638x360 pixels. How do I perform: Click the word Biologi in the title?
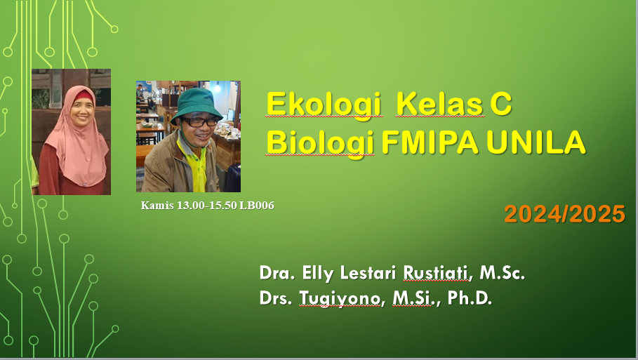[320, 142]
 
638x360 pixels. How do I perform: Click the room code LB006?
[257, 206]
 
